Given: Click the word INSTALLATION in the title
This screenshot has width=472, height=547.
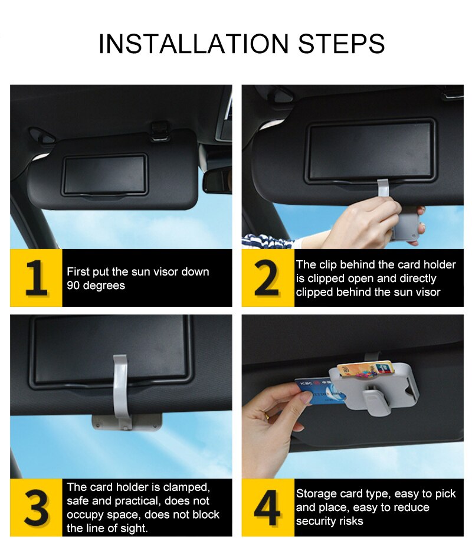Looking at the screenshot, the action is point(194,44).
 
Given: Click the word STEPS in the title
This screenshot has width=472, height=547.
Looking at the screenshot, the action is point(342,44).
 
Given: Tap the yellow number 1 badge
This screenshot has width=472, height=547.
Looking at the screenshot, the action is point(36,278).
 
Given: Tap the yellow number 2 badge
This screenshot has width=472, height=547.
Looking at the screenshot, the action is point(268,278).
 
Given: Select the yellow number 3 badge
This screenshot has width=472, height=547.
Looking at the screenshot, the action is point(36,507).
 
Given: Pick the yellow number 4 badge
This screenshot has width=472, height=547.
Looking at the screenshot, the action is point(268,507).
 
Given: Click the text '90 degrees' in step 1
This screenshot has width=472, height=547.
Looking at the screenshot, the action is point(96,286).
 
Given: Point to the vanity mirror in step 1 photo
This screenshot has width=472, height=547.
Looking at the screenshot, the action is point(104,175).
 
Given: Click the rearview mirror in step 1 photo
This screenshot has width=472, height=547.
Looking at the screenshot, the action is point(217,180).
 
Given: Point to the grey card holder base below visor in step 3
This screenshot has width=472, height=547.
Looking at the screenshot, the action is point(127,422).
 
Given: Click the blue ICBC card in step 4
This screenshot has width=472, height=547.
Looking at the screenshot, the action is point(319,391).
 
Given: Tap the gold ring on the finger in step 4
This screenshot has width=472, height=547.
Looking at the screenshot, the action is point(267,415).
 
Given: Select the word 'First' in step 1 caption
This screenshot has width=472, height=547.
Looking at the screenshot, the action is point(78,271).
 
